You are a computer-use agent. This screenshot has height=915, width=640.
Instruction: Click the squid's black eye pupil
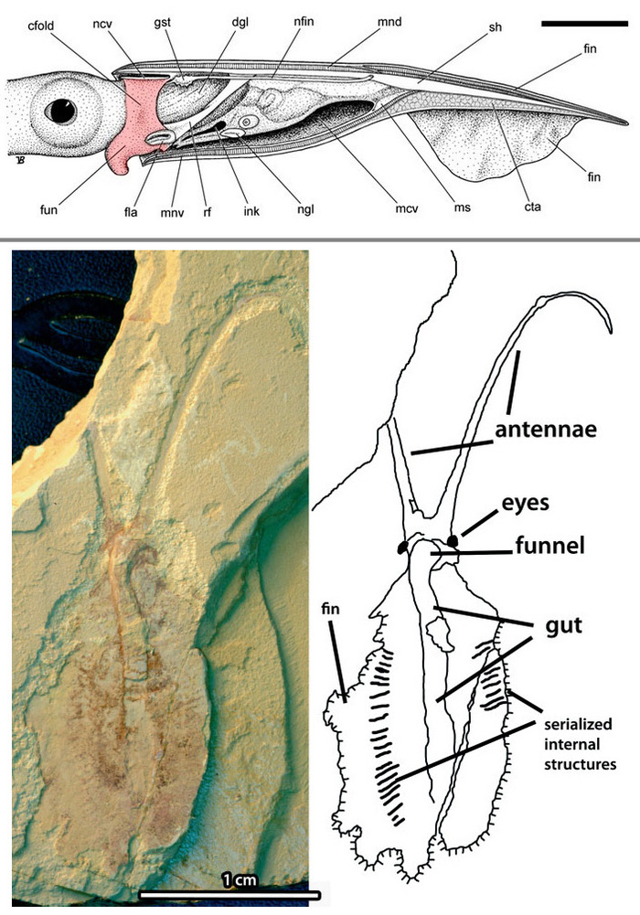(60, 111)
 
